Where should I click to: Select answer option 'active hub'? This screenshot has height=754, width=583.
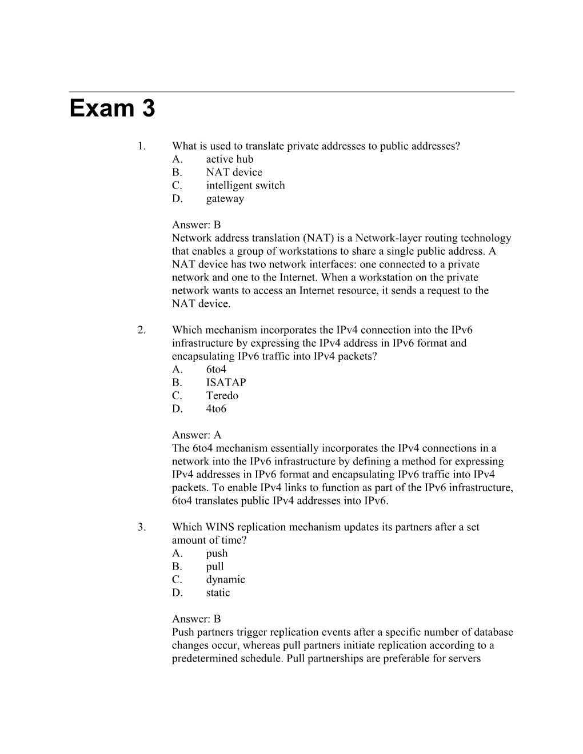[229, 159]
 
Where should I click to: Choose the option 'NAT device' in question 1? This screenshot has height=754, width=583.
[234, 173]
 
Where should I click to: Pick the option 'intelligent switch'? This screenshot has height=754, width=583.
[245, 186]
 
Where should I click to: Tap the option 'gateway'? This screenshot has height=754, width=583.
[225, 199]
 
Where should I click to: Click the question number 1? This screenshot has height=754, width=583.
[141, 146]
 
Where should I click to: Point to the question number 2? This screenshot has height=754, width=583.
[141, 330]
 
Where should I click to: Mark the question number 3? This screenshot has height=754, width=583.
[141, 527]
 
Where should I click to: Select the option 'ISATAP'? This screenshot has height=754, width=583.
[226, 383]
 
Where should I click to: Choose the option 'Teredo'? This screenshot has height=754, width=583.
[222, 396]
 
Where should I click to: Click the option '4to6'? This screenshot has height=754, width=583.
[216, 409]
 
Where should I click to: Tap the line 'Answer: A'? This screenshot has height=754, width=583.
[196, 435]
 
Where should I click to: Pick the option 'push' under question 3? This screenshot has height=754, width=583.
[217, 554]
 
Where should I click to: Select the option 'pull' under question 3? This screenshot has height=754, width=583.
[215, 567]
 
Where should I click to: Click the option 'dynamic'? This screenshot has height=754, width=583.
[225, 580]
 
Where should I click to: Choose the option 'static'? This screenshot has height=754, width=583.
[218, 593]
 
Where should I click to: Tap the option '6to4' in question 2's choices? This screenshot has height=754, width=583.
[216, 370]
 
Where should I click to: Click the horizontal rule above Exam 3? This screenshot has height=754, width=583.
[291, 91]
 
